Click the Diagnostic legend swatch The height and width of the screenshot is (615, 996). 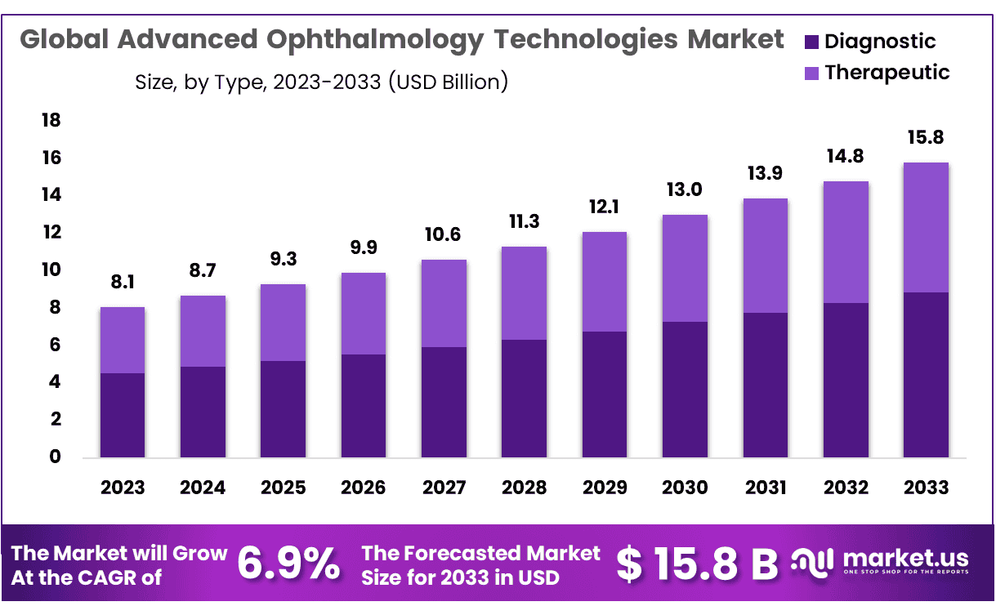click(811, 42)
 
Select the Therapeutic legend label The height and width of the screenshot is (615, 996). click(887, 72)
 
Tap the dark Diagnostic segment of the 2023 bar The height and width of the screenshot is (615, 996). click(123, 415)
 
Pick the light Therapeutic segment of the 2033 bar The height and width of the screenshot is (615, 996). click(926, 227)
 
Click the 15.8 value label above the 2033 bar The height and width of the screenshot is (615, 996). click(926, 136)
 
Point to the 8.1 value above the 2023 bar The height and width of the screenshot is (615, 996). click(123, 283)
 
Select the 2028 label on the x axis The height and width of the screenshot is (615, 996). click(525, 488)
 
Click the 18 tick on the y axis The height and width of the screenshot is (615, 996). click(51, 121)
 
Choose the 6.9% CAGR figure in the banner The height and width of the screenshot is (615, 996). click(289, 564)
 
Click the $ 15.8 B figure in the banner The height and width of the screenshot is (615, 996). click(697, 564)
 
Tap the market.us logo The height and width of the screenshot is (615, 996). click(881, 562)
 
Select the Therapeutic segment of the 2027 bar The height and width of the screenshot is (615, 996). click(444, 303)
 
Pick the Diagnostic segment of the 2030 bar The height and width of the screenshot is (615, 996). click(686, 390)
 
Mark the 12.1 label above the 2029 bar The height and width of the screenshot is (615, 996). click(605, 207)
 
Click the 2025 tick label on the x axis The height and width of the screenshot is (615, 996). click(283, 488)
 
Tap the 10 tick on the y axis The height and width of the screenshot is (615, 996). click(51, 270)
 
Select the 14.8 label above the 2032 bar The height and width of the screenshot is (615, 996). click(846, 156)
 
